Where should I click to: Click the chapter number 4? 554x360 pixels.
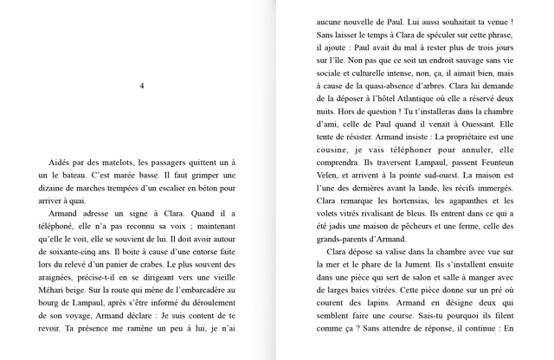point(141,85)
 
